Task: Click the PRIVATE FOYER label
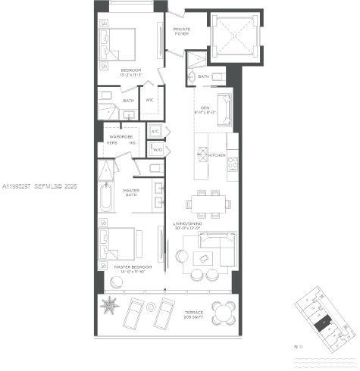(x=182, y=32)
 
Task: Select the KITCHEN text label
(x=217, y=155)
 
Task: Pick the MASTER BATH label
(x=130, y=194)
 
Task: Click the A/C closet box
(x=155, y=132)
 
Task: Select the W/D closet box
(x=158, y=150)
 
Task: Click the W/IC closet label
(x=150, y=99)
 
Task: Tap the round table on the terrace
(x=224, y=310)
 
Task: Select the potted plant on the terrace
(x=111, y=307)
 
